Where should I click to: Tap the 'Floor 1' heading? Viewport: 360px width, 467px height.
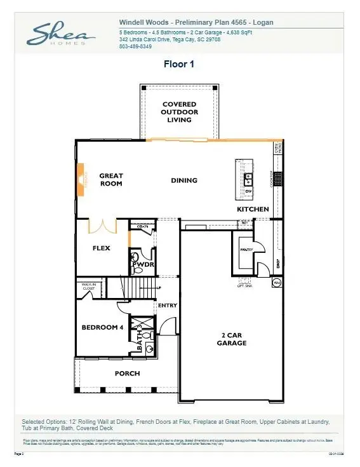coord(180,64)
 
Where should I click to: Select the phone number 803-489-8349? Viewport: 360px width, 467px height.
coord(135,46)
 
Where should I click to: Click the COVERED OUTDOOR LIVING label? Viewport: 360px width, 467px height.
coord(179,112)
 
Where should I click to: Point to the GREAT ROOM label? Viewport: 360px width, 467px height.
coord(111,180)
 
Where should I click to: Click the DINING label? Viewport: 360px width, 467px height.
coord(184,180)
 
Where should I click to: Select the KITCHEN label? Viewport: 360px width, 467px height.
coord(253,209)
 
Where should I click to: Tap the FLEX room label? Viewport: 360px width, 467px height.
coord(102,248)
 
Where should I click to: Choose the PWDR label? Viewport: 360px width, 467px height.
coord(143,264)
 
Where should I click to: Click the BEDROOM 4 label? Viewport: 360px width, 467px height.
coord(102,327)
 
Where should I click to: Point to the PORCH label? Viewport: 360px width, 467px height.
coord(127,373)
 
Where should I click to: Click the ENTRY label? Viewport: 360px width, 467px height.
coord(167,306)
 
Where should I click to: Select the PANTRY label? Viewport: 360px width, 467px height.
coord(246,250)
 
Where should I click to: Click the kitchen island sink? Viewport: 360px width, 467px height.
coord(249,178)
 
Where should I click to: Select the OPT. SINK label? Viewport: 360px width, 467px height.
coord(245,286)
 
